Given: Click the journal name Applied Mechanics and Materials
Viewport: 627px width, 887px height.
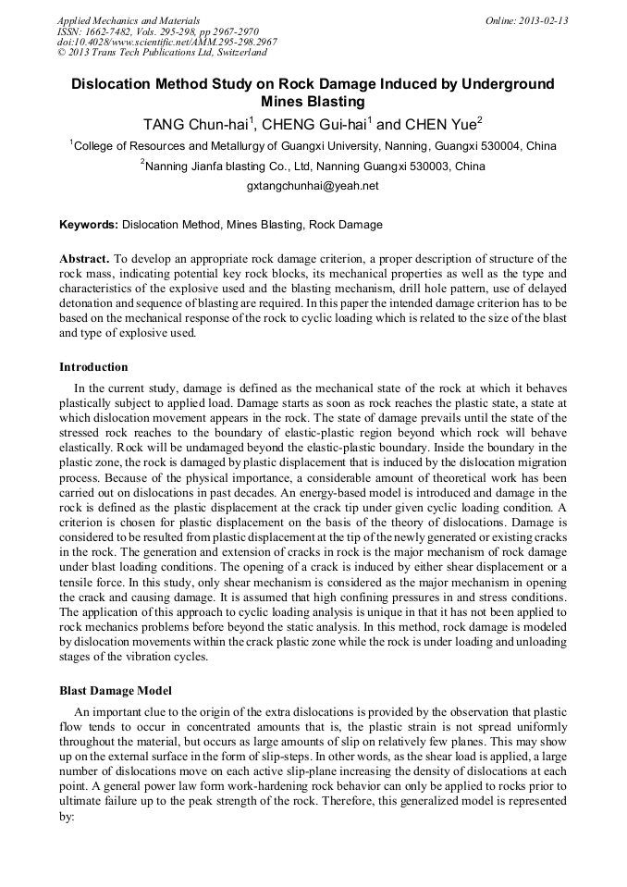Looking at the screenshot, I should pyautogui.click(x=129, y=19).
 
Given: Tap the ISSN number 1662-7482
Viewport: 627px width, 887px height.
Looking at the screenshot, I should pyautogui.click(x=105, y=31).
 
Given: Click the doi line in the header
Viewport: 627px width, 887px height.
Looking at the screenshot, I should pyautogui.click(x=166, y=42).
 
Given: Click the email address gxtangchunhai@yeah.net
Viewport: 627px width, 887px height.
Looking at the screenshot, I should pyautogui.click(x=313, y=186).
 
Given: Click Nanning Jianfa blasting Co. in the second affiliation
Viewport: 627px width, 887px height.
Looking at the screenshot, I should pyautogui.click(x=215, y=166).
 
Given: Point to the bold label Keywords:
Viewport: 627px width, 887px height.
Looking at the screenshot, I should pyautogui.click(x=89, y=225).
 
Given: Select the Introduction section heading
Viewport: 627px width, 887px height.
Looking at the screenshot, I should pyautogui.click(x=93, y=367).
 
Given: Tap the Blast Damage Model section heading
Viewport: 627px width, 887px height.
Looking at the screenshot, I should pyautogui.click(x=116, y=691).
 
